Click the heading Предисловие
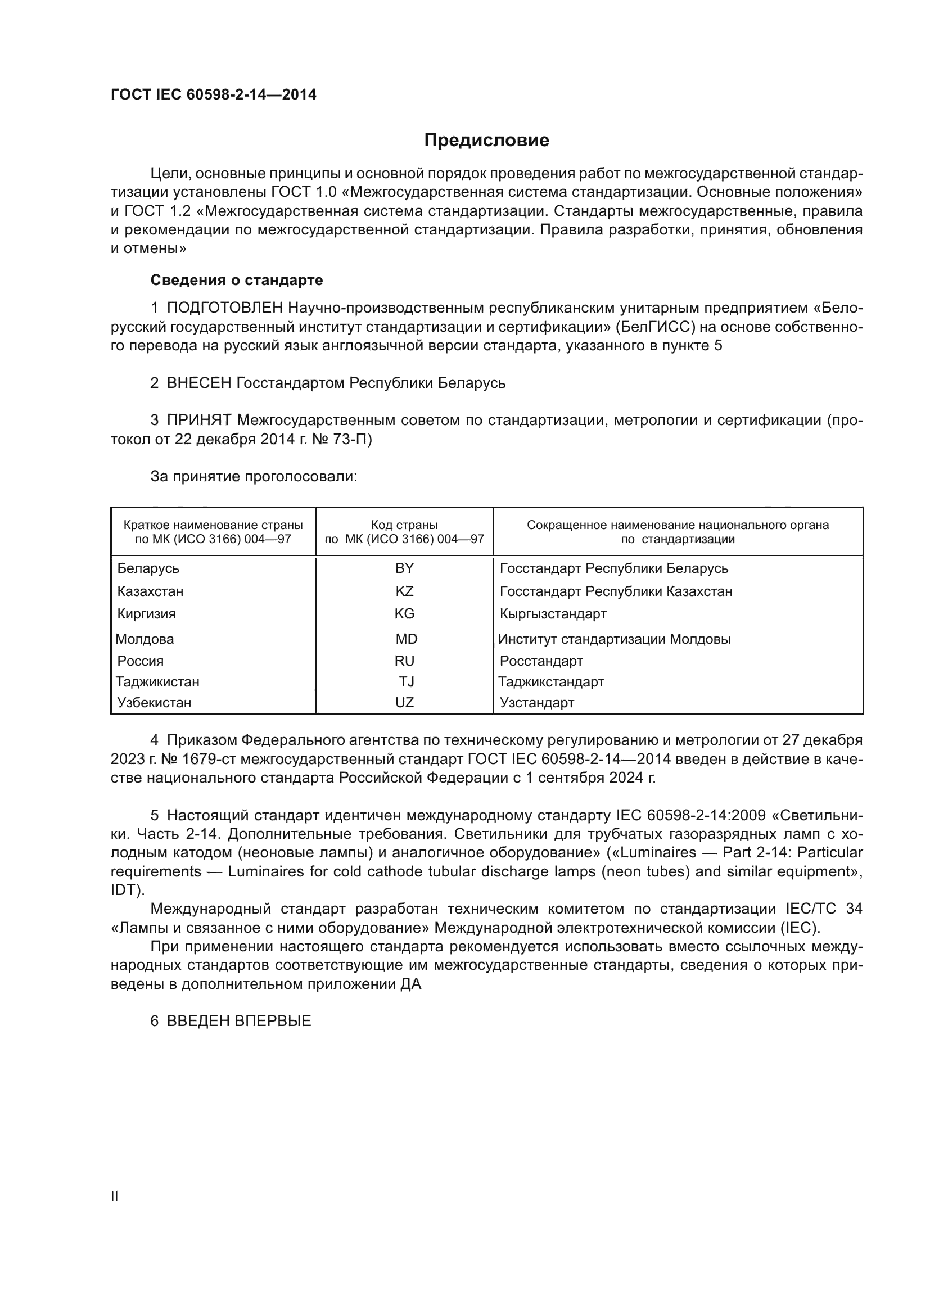coord(486,141)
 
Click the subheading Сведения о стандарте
coord(237,280)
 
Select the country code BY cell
coord(404,568)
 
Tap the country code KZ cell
coord(404,591)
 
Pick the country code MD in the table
coord(406,639)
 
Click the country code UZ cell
coord(404,702)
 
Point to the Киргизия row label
coord(147,614)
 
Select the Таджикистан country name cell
coord(157,681)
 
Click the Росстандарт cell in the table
coord(541,661)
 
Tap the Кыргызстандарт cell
coord(553,614)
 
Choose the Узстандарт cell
coord(536,702)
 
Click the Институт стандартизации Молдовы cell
coord(614,639)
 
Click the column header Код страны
coord(404,525)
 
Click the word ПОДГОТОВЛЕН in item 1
coord(224,308)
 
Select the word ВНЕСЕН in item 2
coord(198,383)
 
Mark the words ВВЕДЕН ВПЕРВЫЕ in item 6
coord(239,1020)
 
